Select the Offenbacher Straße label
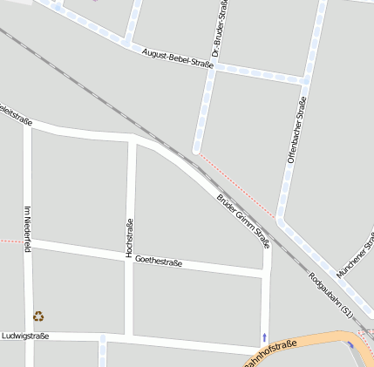tap(296, 131)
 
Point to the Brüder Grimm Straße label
tap(243, 221)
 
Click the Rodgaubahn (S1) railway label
tap(331, 295)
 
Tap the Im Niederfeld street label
tap(28, 228)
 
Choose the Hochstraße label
tap(130, 238)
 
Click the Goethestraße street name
tap(159, 261)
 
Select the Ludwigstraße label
tap(25, 336)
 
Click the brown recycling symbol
tap(38, 316)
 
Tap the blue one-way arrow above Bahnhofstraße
tap(264, 336)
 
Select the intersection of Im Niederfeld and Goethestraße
tap(29, 242)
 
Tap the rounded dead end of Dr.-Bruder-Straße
tap(197, 147)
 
